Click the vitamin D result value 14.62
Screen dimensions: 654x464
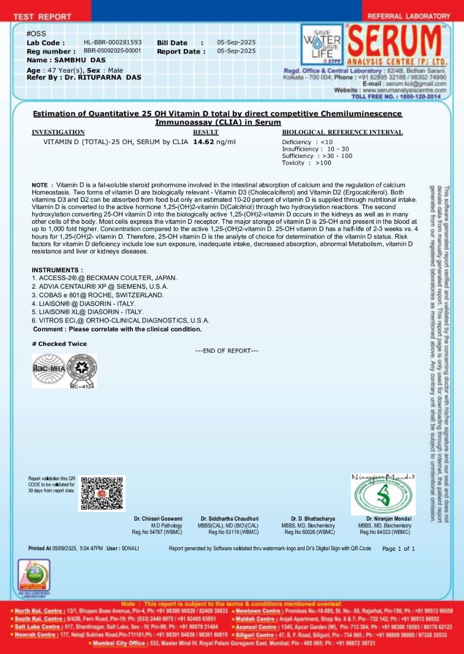click(204, 142)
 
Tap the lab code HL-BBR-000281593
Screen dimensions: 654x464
click(112, 42)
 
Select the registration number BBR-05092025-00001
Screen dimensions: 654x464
click(112, 51)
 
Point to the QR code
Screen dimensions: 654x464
click(102, 493)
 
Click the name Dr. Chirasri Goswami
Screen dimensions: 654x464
click(158, 519)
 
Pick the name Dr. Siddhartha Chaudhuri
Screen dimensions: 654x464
click(229, 519)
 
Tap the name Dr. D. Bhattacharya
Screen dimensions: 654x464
click(313, 519)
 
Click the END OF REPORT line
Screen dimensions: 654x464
click(227, 351)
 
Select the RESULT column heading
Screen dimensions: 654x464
click(205, 132)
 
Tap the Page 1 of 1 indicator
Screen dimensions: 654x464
click(399, 549)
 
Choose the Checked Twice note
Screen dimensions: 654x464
click(59, 344)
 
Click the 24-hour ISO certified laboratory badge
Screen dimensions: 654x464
click(34, 578)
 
